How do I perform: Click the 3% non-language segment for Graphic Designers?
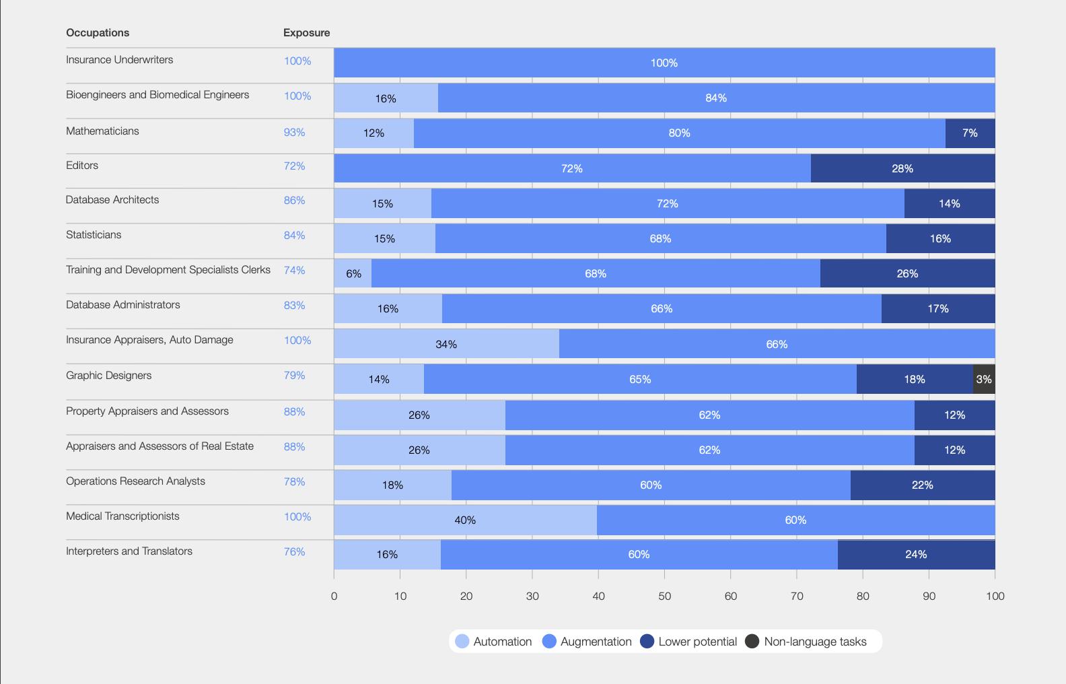coord(984,379)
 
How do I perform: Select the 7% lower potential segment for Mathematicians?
coord(970,133)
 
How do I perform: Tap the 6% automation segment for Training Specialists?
coord(353,273)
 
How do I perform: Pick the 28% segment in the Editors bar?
coord(902,168)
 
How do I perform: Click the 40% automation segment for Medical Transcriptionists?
coord(465,520)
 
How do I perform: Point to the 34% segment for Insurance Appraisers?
coord(446,344)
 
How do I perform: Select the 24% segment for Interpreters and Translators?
coord(916,555)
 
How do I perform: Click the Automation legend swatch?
coord(462,642)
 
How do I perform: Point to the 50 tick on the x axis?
coord(664,596)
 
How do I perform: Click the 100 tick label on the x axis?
coord(995,596)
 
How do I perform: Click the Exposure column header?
coord(306,32)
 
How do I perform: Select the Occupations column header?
coord(98,32)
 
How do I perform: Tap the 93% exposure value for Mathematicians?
coord(294,132)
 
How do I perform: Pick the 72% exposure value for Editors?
coord(294,166)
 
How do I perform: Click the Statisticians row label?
coord(94,235)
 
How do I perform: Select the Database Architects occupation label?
coord(112,200)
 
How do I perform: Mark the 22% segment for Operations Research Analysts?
coord(922,485)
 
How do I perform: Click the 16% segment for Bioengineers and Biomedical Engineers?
coord(386,98)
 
